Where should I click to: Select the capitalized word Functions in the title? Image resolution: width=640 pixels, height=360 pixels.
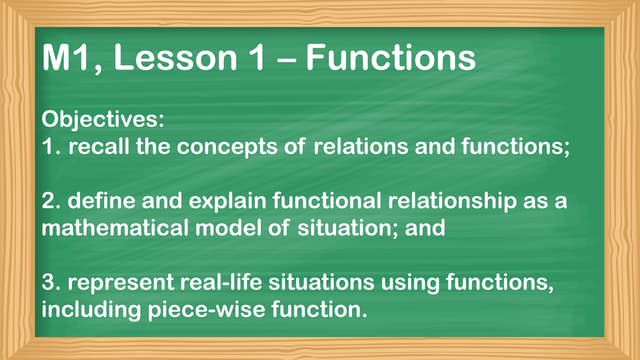click(x=390, y=58)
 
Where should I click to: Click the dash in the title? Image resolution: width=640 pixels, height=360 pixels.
click(x=283, y=60)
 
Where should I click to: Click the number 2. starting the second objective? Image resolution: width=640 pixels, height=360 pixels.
click(x=50, y=202)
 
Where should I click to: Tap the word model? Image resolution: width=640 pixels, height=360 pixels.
click(x=226, y=228)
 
